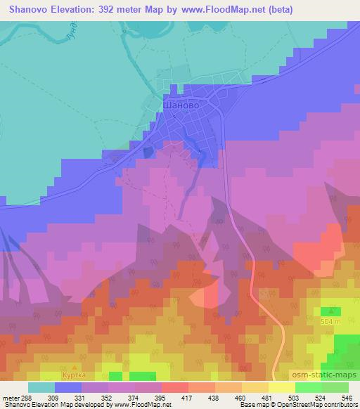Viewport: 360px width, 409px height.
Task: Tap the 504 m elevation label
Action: [x=330, y=320]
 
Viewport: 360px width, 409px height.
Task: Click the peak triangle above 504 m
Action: [x=330, y=310]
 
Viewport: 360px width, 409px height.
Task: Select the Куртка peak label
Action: [x=74, y=375]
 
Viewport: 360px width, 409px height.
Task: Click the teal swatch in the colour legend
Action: [x=41, y=387]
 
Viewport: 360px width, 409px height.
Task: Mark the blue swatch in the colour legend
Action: [x=67, y=387]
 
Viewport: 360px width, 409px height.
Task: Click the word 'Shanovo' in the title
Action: [x=26, y=10]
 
